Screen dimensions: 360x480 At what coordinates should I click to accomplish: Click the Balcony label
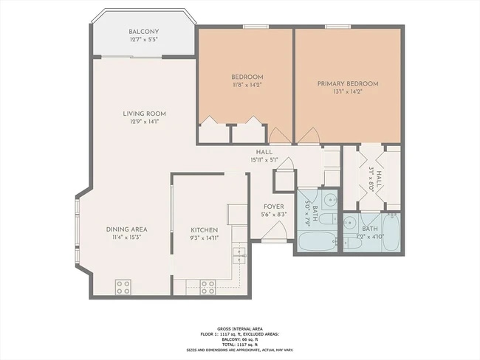[x=143, y=32]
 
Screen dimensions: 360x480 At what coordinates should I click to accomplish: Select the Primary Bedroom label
[x=347, y=84]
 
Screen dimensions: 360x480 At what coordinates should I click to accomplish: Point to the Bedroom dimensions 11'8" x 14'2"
[x=247, y=85]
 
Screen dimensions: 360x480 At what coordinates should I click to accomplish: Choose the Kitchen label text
[x=205, y=229]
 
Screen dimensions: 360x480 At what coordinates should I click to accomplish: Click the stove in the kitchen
[x=208, y=285]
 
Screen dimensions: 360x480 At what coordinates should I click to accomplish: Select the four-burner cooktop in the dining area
[x=123, y=285]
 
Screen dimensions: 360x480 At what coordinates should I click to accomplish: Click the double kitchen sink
[x=239, y=255]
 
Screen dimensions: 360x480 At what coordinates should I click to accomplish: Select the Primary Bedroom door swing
[x=309, y=135]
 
